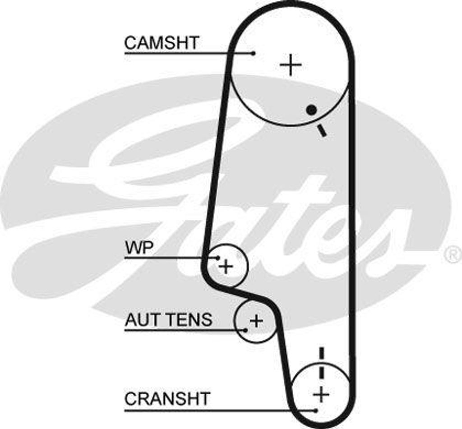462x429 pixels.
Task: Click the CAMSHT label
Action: point(161,43)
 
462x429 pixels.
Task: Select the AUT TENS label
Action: point(168,320)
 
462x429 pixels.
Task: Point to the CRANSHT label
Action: point(167,399)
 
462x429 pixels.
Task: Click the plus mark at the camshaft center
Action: point(291,65)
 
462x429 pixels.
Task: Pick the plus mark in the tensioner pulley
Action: point(256,321)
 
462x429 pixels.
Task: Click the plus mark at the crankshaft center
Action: point(321,395)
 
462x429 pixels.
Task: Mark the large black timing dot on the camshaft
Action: point(310,110)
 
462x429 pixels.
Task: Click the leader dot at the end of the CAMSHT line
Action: point(254,53)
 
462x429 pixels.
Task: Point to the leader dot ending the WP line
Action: point(218,258)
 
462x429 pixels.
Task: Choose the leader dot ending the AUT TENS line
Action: point(245,330)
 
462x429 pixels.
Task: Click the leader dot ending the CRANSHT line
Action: point(316,410)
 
